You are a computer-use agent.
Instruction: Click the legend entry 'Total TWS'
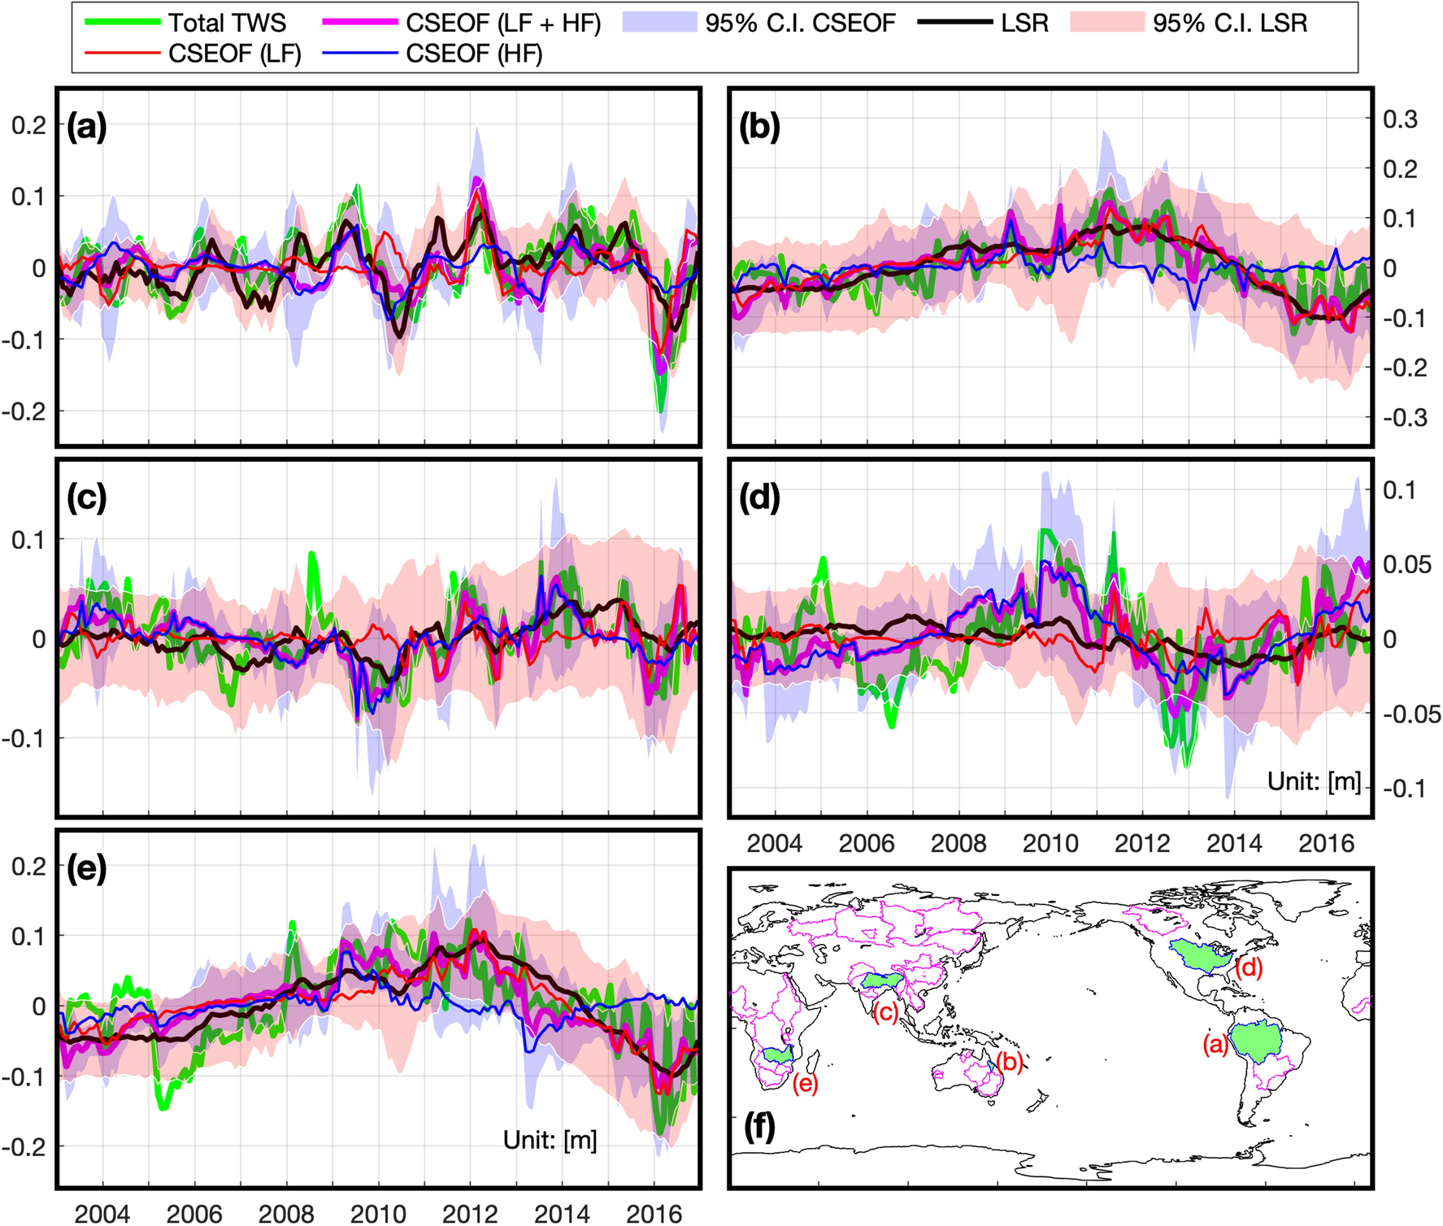[227, 23]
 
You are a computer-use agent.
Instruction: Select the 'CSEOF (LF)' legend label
[234, 54]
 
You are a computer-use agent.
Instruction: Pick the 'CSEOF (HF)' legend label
[474, 54]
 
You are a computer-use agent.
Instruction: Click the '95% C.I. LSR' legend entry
[1229, 23]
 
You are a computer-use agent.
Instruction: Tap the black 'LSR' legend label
[1024, 23]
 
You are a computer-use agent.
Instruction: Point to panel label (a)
[87, 128]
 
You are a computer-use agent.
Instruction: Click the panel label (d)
[759, 498]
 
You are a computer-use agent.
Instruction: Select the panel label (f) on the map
[759, 1126]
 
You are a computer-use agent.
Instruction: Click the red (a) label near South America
[1215, 1044]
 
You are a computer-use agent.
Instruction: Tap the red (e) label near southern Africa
[805, 1084]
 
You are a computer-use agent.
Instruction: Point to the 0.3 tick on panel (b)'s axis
[1400, 120]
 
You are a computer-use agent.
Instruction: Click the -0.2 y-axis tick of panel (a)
[24, 411]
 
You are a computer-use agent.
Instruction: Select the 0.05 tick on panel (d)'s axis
[1406, 564]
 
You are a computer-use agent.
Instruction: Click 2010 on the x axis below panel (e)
[378, 1214]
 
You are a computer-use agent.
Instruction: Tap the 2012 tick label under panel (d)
[1141, 843]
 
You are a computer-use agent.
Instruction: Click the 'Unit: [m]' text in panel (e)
[550, 1140]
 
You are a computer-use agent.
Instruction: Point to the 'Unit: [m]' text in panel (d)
[1314, 781]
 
